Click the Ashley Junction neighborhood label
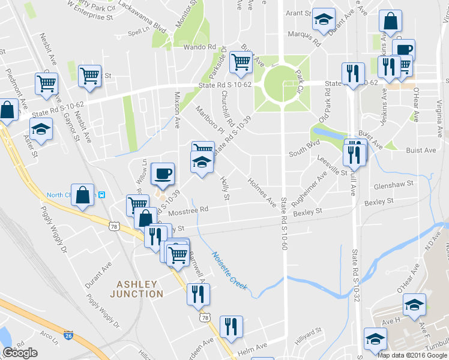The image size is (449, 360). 136,289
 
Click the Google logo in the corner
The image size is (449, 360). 20,353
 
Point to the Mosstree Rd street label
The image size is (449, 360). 188,210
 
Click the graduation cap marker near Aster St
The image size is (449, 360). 41,130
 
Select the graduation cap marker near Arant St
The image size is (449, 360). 324,19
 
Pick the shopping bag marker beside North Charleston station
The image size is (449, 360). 83,194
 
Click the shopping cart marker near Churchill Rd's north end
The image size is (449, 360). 241,61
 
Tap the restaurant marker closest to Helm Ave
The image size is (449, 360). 231,326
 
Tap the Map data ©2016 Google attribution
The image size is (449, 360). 412,355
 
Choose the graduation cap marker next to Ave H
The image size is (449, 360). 414,305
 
